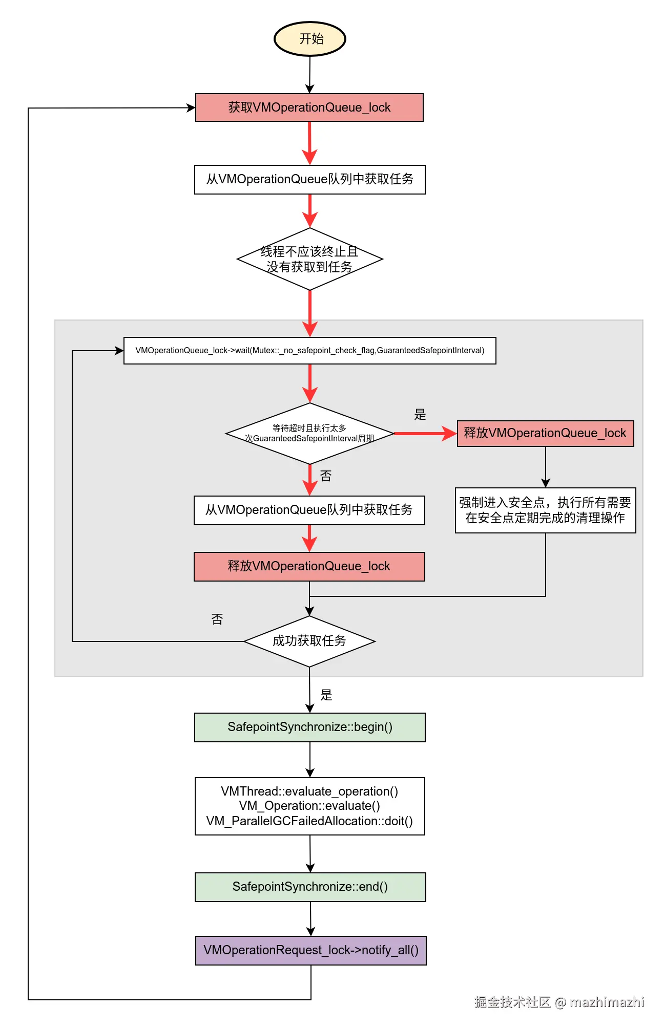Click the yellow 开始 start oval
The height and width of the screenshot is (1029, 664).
coord(310,39)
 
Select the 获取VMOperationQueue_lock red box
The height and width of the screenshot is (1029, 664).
coord(309,108)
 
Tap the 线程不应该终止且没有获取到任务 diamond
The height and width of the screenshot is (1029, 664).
coord(309,259)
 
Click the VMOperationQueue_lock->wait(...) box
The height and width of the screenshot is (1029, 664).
coord(309,351)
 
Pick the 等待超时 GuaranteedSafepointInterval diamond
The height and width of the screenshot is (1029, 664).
coord(309,434)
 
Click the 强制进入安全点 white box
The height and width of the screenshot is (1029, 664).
coord(545,510)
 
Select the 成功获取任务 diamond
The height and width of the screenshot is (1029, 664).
coord(309,641)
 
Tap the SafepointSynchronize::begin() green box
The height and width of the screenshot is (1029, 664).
coord(309,727)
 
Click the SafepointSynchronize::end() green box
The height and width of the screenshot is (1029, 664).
coord(310,887)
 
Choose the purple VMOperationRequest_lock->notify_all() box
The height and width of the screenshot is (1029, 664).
coord(310,950)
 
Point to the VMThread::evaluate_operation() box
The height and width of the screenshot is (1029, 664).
coord(309,806)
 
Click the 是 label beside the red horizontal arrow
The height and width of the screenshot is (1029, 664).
coord(420,415)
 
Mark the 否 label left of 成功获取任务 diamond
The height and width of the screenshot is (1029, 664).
coord(217,619)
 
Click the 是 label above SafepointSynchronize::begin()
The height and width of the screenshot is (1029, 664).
coord(326,695)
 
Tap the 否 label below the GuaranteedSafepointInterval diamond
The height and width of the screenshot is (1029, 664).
coord(326,476)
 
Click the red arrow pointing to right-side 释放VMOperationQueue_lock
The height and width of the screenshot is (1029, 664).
coord(425,434)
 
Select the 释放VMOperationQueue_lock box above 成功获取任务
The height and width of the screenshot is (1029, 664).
coord(309,566)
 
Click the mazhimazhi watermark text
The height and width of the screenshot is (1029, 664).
coord(607,1002)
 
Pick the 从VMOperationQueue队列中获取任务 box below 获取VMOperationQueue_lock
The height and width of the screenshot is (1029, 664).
coord(309,179)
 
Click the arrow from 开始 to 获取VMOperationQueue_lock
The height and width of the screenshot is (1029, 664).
coord(309,74)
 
